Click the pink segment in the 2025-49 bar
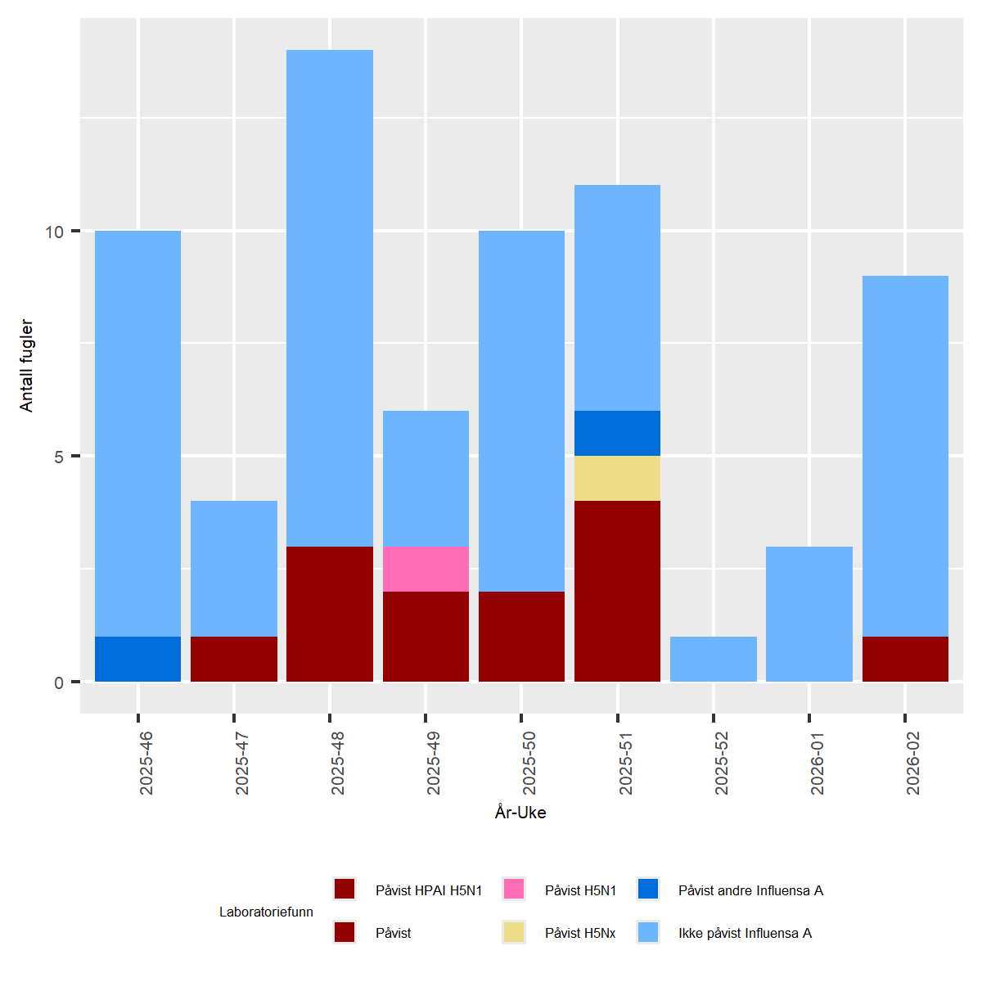coord(426,568)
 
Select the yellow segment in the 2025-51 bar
coord(617,478)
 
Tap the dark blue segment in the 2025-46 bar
coord(137,658)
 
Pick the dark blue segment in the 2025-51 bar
coord(617,433)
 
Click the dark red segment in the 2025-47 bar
coord(234,658)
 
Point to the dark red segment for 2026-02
coord(905,658)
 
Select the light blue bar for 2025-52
coord(714,658)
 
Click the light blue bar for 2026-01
coord(809,613)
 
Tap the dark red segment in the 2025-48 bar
coord(330,613)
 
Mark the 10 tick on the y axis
coord(54,232)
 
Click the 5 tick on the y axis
coord(59,457)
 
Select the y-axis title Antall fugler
coord(27,365)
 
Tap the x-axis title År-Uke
coord(520,813)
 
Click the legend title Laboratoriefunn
coord(266,912)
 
